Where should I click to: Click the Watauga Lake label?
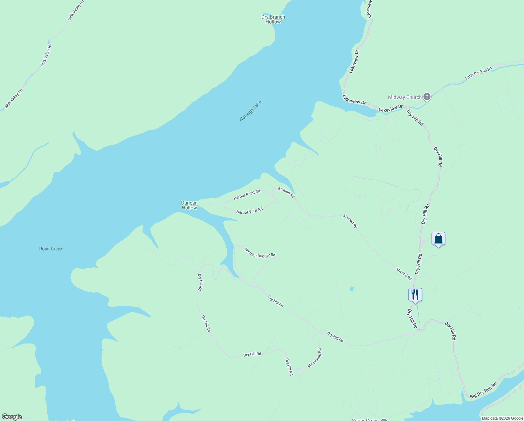click(x=250, y=111)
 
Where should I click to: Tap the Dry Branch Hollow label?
click(x=273, y=19)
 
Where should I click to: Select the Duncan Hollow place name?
click(x=189, y=205)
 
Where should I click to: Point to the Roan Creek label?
click(x=51, y=249)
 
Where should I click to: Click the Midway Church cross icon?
click(x=427, y=96)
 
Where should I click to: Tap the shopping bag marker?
click(x=438, y=239)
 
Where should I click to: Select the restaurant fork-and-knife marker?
click(x=415, y=295)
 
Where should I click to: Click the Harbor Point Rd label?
click(x=247, y=195)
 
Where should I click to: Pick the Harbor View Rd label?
click(x=249, y=211)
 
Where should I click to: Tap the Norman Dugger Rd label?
click(x=260, y=253)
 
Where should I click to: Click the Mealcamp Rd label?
click(x=314, y=358)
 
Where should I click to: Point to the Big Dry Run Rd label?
click(x=483, y=390)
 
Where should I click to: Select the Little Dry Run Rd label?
click(x=478, y=73)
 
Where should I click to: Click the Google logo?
click(x=12, y=417)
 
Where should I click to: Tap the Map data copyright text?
click(x=502, y=418)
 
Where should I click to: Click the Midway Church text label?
click(x=405, y=97)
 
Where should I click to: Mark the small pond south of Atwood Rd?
click(x=352, y=289)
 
